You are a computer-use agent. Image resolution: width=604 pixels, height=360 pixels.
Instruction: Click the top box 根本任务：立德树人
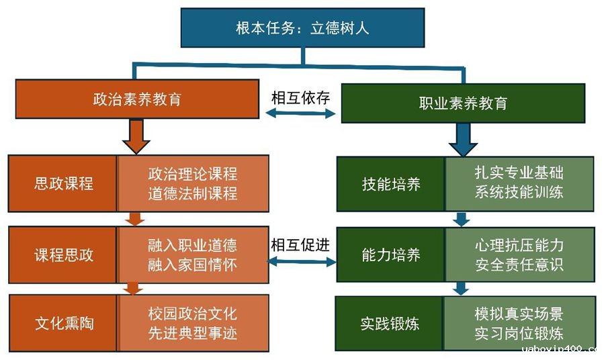(302, 28)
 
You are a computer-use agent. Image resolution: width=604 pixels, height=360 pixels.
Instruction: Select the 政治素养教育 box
(137, 99)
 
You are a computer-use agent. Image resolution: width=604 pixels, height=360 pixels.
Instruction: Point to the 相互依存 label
(300, 97)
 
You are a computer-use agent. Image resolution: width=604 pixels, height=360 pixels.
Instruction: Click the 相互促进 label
(300, 245)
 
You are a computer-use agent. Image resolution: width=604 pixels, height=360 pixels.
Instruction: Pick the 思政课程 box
(63, 183)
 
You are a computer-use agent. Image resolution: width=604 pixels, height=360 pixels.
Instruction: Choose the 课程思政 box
(63, 255)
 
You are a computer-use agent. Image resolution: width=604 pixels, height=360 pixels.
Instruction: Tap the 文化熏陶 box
(63, 323)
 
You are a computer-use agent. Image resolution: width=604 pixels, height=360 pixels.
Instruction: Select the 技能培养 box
(390, 184)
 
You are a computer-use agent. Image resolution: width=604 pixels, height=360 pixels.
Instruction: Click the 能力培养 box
(390, 255)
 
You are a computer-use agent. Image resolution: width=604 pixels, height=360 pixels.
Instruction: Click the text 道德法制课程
(193, 193)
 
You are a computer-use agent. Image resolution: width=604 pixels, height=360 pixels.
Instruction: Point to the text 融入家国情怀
(193, 265)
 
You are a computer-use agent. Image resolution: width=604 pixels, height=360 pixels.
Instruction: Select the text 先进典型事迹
(193, 332)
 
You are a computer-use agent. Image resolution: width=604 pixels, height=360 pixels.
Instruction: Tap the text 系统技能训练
(519, 192)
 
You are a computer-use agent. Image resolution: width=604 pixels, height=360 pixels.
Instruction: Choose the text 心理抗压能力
(519, 245)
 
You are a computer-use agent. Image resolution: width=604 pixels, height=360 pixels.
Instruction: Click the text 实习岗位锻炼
(519, 333)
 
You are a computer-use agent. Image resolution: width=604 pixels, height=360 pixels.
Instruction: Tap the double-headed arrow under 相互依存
(300, 114)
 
